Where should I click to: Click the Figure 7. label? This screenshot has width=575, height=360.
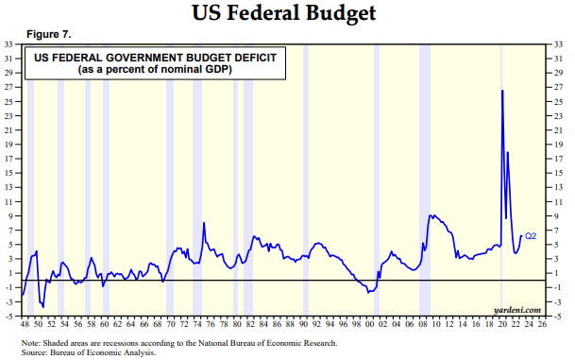pyautogui.click(x=48, y=34)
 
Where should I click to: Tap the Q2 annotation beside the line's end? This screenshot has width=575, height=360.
pyautogui.click(x=531, y=235)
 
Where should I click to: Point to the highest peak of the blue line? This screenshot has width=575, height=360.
pyautogui.click(x=501, y=91)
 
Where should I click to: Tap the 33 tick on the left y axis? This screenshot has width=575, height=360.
pyautogui.click(x=9, y=44)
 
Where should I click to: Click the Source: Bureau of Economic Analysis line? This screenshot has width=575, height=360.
pyautogui.click(x=90, y=351)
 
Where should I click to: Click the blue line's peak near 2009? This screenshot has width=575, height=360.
pyautogui.click(x=431, y=215)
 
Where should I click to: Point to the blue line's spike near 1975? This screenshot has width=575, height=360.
pyautogui.click(x=204, y=223)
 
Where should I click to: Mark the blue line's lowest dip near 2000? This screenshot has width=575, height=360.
pyautogui.click(x=369, y=292)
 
